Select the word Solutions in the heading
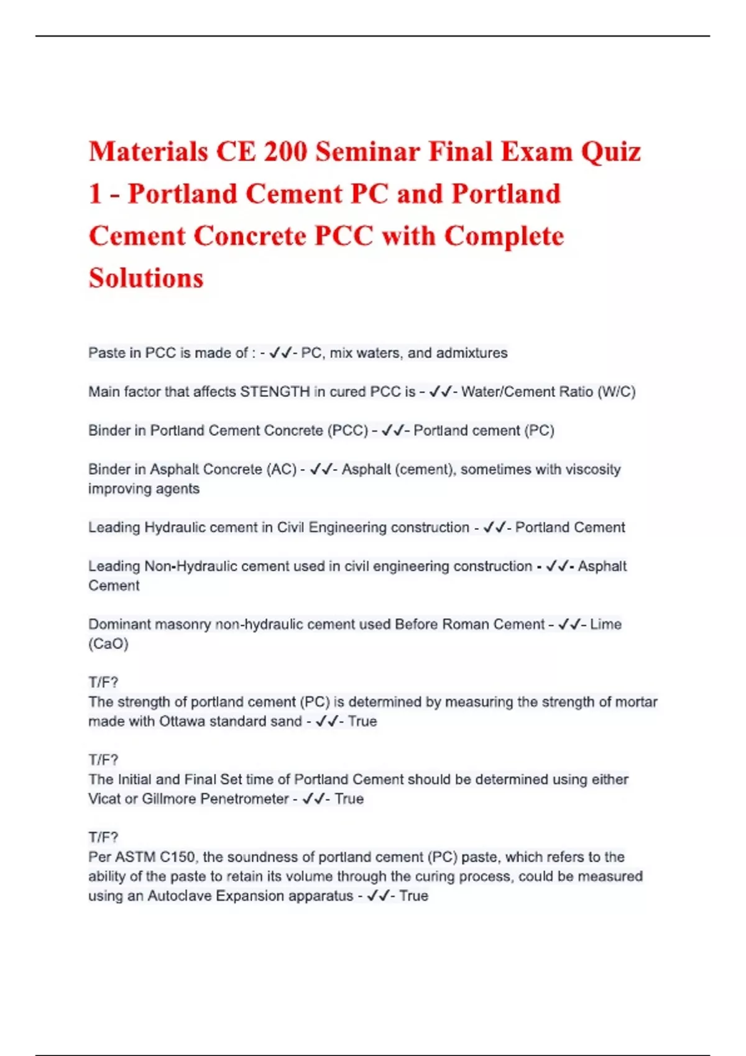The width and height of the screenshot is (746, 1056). (146, 278)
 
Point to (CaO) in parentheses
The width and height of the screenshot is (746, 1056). (108, 644)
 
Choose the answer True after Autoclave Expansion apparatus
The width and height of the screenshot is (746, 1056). (413, 896)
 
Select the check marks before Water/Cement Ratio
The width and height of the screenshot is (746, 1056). (440, 392)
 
